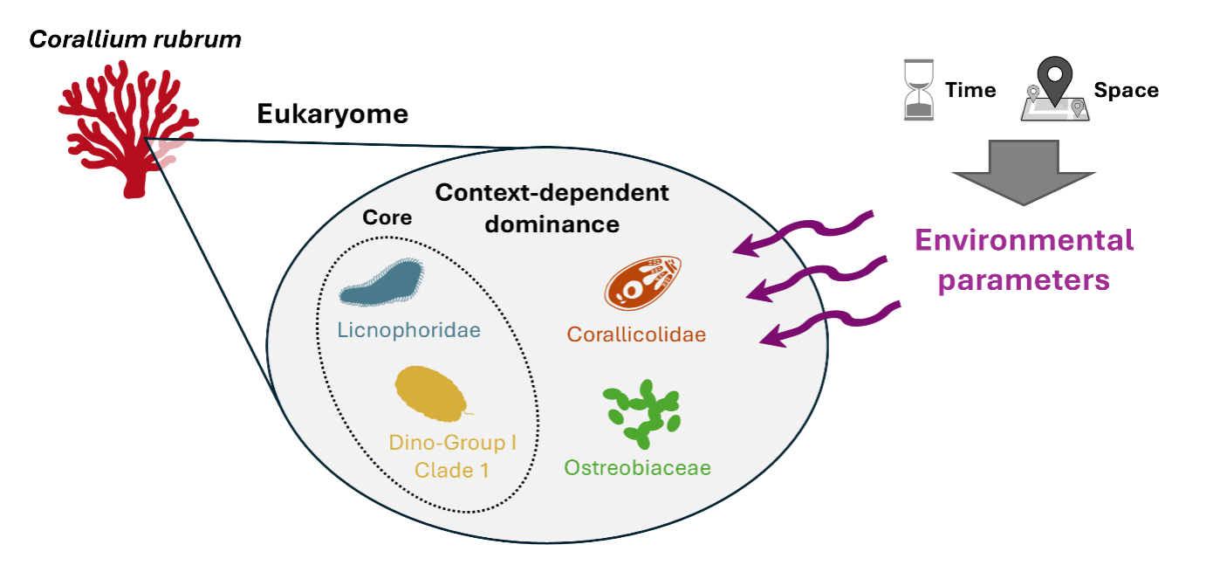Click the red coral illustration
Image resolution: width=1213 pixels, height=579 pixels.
[113, 131]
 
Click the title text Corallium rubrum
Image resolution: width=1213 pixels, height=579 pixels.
[135, 38]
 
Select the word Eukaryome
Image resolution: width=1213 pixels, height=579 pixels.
[332, 114]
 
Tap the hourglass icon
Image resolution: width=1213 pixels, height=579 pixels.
[917, 90]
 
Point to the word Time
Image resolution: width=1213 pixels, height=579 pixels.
[970, 91]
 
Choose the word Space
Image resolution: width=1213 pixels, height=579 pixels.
[1127, 91]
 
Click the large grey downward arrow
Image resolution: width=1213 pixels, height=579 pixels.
[1023, 171]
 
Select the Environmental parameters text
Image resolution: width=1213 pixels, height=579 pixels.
[1023, 260]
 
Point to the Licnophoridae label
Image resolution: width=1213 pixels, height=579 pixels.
[409, 331]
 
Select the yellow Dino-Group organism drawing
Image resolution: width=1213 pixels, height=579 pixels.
[432, 394]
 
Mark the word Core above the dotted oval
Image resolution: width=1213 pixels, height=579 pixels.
[387, 217]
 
